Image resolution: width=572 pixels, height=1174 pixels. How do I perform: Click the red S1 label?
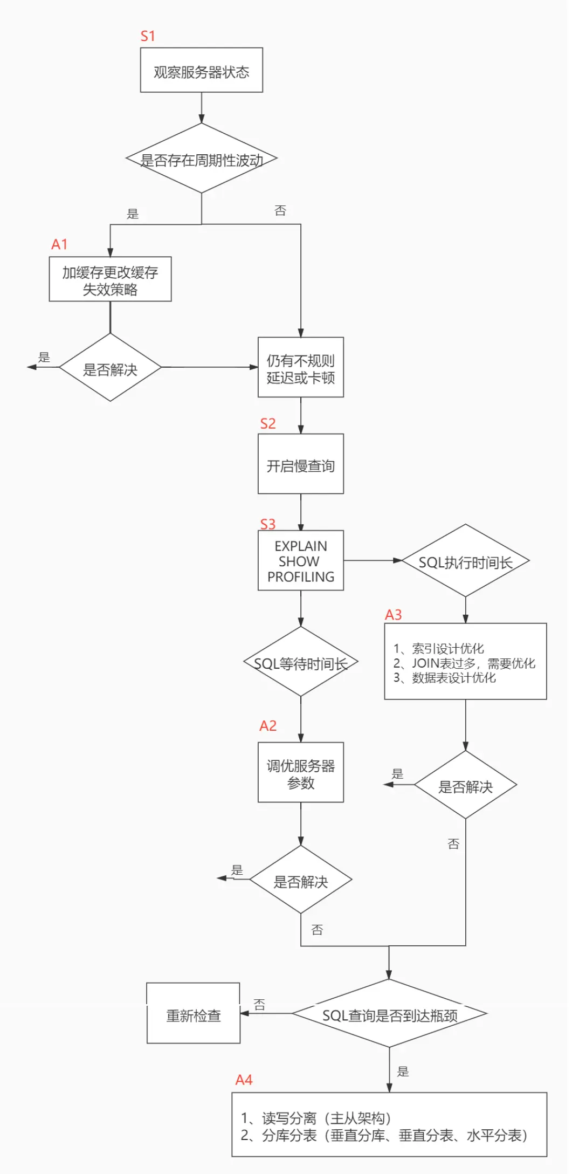pos(148,36)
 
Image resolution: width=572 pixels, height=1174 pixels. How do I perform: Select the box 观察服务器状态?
pos(201,71)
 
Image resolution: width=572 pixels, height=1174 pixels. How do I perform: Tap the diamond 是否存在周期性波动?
pos(201,159)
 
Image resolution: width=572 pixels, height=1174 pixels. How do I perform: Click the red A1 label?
pos(59,244)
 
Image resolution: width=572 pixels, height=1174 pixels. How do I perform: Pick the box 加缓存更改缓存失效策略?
pos(110,279)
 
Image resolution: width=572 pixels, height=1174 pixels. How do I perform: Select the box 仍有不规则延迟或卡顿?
pos(300,368)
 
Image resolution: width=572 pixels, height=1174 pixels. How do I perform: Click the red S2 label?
pos(268,423)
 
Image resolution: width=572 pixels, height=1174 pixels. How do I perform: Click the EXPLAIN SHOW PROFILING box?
pos(300,561)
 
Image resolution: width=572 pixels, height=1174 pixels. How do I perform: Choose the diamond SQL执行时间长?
pos(465,561)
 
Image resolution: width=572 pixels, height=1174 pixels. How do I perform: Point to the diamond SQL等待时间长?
pos(300,663)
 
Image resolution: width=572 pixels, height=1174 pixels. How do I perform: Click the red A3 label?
pos(394,615)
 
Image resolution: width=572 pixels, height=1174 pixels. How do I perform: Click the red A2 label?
pos(268,726)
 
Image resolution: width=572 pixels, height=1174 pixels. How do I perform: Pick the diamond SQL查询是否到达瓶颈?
pos(389,1014)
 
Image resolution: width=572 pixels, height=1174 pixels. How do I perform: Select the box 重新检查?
pos(193,1014)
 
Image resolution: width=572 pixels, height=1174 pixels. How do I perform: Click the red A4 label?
pos(244,1080)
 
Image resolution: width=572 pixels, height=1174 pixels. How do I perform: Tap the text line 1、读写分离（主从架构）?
pos(316,1118)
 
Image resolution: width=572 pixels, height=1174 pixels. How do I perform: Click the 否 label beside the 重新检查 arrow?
pos(259,1004)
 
